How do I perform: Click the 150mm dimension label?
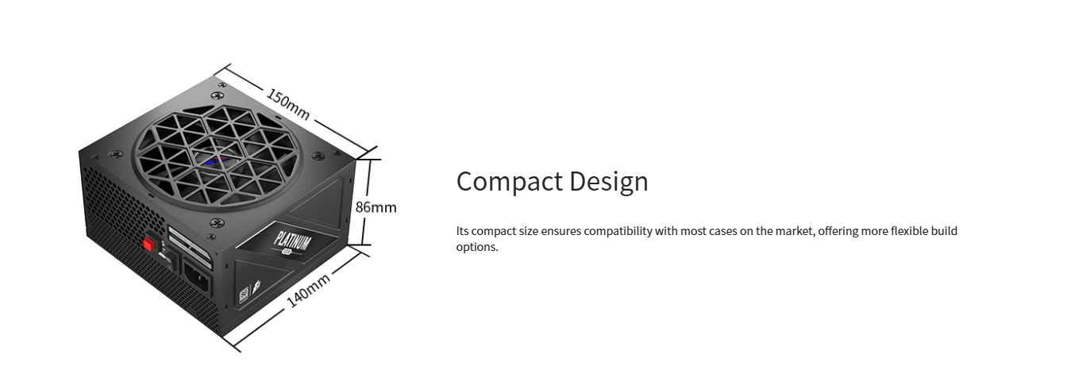[x=288, y=104]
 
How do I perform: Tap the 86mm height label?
[x=376, y=207]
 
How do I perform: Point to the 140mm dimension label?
[x=308, y=290]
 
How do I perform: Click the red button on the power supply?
[x=149, y=245]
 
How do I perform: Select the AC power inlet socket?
[x=197, y=277]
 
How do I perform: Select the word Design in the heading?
[x=609, y=182]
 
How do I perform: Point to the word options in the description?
[x=477, y=247]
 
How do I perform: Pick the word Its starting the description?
[x=462, y=231]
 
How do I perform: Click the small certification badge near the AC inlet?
[x=244, y=294]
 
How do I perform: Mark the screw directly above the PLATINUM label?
[x=217, y=223]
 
